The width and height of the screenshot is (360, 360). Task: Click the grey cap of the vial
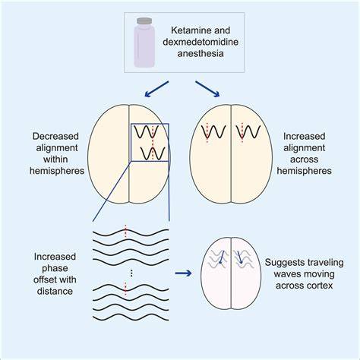[144, 21]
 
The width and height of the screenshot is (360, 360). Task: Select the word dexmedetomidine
[201, 42]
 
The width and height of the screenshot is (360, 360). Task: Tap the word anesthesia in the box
[201, 53]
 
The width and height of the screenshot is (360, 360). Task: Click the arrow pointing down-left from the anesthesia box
[156, 89]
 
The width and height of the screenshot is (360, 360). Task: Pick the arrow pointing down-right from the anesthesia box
[207, 89]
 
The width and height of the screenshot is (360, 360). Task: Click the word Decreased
[55, 137]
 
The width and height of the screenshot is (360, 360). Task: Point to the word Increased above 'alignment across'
[304, 137]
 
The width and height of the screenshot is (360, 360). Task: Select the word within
[55, 159]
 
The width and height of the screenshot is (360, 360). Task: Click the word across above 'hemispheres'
[304, 159]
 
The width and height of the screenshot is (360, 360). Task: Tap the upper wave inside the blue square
[147, 131]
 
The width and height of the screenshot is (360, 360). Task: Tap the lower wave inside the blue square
[153, 153]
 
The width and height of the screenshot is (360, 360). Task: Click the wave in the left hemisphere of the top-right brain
[213, 132]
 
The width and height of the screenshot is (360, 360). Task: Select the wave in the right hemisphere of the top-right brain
[248, 132]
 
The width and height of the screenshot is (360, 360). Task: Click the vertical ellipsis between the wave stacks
[131, 273]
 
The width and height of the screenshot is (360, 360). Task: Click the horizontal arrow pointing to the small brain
[183, 273]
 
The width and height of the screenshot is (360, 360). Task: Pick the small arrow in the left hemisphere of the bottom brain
[222, 257]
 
